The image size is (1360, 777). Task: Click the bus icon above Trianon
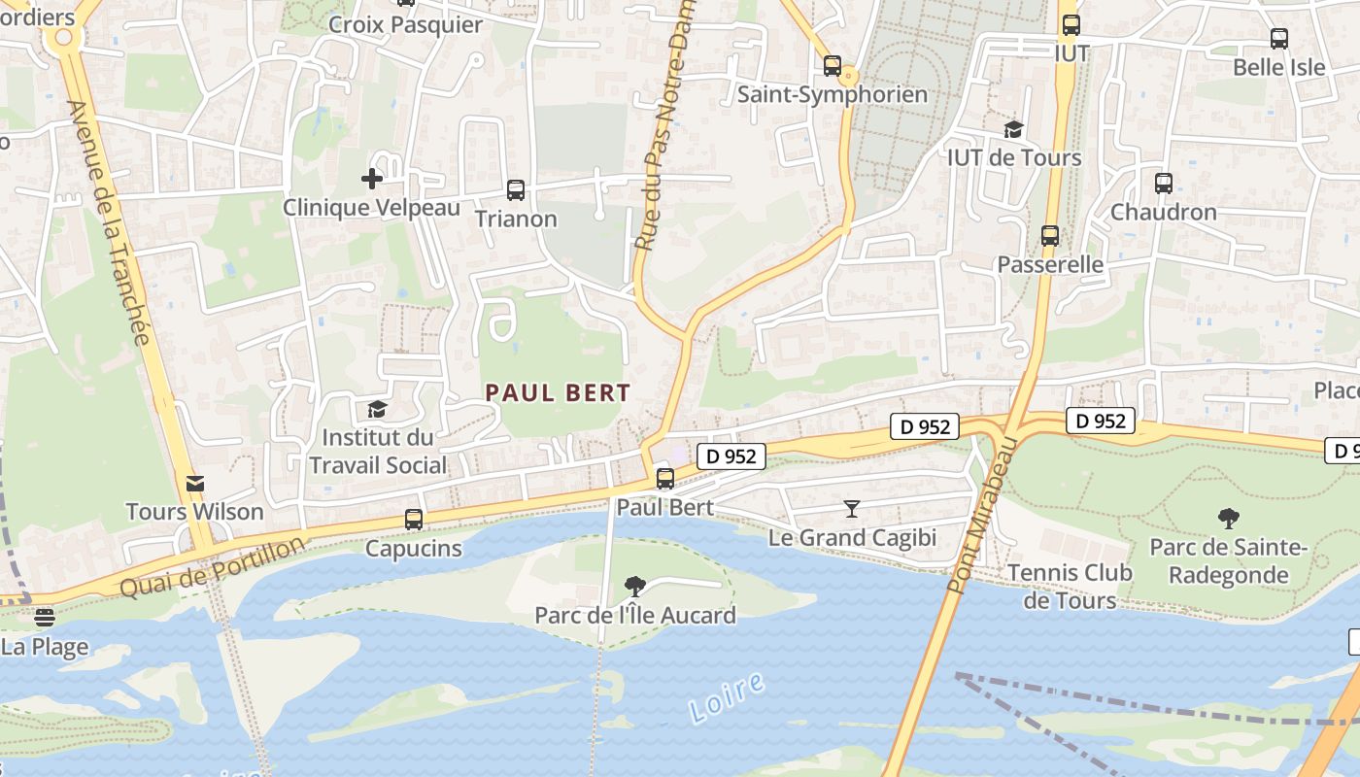click(x=516, y=190)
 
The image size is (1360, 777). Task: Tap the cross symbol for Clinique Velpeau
click(x=372, y=179)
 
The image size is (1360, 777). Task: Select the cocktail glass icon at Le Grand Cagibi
click(x=852, y=508)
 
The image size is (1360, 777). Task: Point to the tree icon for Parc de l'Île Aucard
click(x=635, y=586)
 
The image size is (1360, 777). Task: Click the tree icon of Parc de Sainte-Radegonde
click(x=1229, y=519)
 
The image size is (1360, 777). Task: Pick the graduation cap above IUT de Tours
click(x=1013, y=129)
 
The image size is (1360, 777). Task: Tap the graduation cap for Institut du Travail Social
click(x=377, y=410)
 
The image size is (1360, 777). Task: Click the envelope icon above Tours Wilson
click(x=195, y=483)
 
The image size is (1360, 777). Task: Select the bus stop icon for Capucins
click(x=414, y=520)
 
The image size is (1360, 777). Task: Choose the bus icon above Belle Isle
click(x=1279, y=39)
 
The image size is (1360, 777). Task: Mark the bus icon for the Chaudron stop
click(x=1163, y=183)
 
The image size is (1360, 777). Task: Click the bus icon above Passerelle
click(x=1050, y=235)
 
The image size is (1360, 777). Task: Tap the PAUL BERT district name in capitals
click(x=559, y=393)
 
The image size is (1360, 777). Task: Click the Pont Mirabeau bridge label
click(x=981, y=515)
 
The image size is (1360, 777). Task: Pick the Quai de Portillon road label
click(x=212, y=569)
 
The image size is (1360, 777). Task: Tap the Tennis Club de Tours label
click(x=1070, y=587)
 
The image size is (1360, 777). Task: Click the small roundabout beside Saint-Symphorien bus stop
click(x=849, y=76)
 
